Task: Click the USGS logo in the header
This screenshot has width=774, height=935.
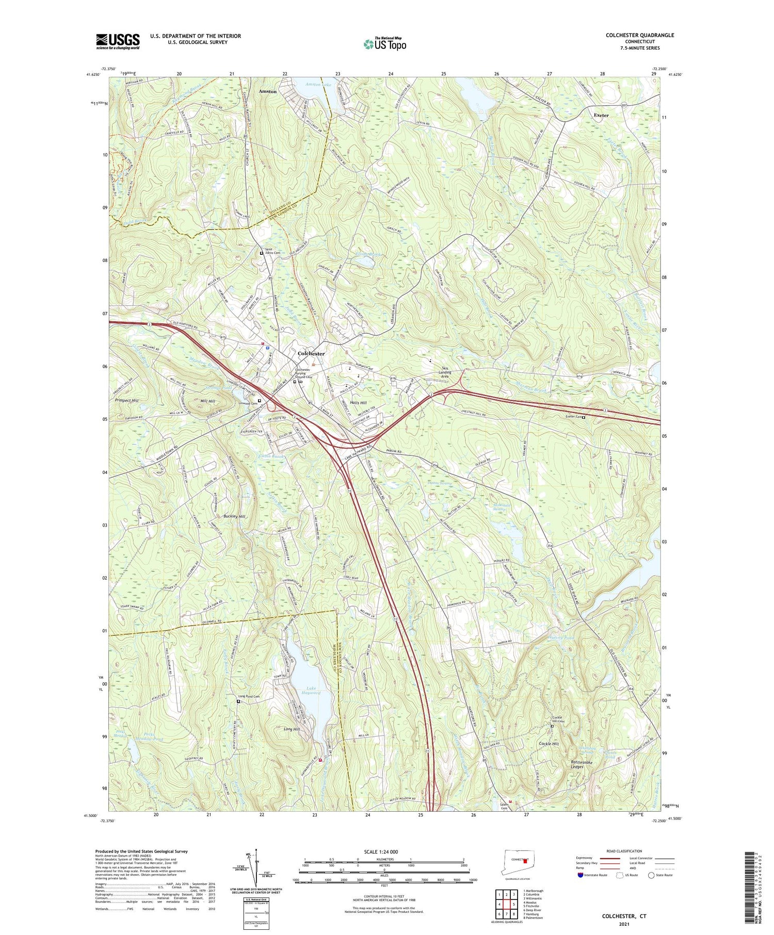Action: point(118,41)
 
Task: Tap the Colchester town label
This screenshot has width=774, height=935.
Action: point(311,354)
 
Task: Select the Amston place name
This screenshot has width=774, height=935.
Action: point(268,91)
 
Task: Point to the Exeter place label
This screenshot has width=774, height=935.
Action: point(601,116)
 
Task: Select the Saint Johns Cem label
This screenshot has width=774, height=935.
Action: point(276,253)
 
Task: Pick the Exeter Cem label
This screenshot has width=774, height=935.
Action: point(573,417)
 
